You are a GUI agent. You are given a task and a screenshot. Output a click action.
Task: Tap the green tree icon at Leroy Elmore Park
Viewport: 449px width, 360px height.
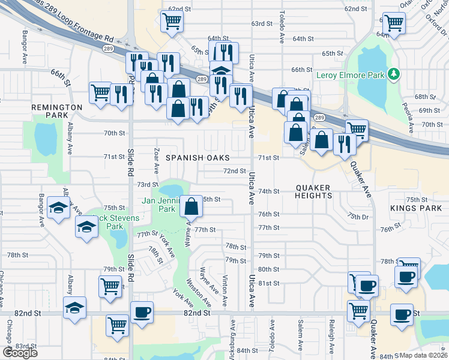coord(394,74)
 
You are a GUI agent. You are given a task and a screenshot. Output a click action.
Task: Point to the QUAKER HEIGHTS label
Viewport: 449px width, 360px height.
coord(313,191)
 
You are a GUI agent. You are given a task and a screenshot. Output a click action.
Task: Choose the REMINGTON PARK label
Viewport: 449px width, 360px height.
coord(57,110)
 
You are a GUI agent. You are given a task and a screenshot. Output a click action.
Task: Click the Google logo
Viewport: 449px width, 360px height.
coord(20,352)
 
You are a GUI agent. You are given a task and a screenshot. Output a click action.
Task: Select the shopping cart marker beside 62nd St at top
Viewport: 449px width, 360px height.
coord(172,22)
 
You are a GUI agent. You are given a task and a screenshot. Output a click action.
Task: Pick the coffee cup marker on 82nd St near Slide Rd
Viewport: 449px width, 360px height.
coord(142,312)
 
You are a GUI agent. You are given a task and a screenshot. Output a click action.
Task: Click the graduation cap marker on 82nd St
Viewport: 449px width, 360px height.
coord(74,308)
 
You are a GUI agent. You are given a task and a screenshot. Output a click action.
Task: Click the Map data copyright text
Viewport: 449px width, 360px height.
coord(423,355)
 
